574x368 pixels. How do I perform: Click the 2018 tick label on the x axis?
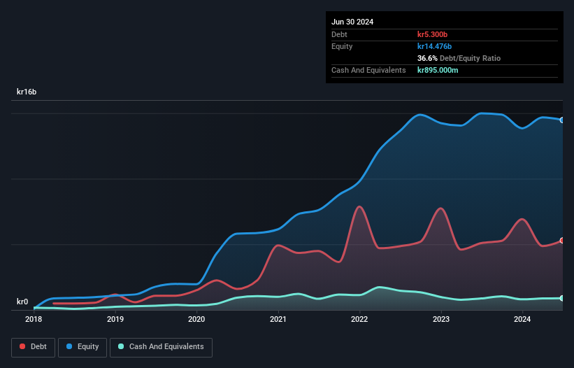coord(34,319)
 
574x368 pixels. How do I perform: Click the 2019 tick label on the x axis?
coord(115,319)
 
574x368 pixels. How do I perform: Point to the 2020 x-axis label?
coord(196,319)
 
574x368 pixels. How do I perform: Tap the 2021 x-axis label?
coord(278,319)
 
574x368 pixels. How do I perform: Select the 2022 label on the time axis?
coord(359,319)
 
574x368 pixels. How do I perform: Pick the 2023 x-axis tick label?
coord(441,319)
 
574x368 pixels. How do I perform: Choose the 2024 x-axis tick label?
coord(522,319)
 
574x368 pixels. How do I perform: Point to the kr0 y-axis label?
coord(22,302)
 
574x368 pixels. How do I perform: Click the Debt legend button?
coord(32,347)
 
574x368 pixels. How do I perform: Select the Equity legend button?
coord(82,347)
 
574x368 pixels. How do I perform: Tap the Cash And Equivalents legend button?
coord(161,347)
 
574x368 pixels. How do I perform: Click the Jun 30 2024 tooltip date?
coord(352,22)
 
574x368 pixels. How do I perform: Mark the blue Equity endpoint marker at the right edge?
coord(562,120)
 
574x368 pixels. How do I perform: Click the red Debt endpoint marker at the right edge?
coord(562,241)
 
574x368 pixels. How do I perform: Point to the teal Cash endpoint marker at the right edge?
coord(562,299)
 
